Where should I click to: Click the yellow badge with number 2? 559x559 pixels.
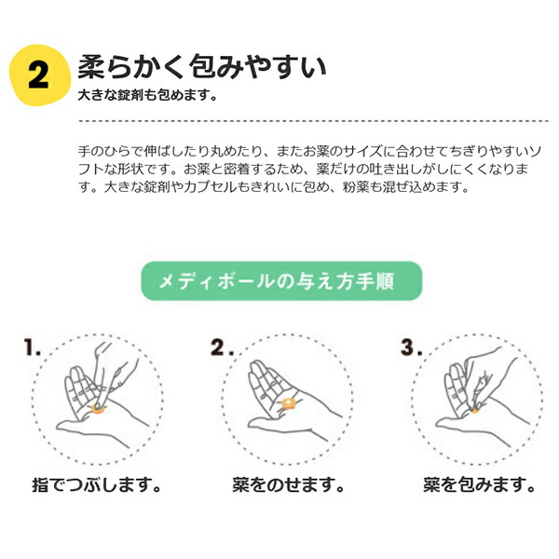click(x=37, y=75)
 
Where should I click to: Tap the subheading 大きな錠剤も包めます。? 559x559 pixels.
click(x=147, y=96)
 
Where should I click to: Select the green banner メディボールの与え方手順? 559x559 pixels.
click(x=280, y=280)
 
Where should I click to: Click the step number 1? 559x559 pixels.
click(x=33, y=350)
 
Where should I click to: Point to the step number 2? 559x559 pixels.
click(x=221, y=350)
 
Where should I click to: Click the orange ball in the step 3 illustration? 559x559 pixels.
click(x=474, y=407)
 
